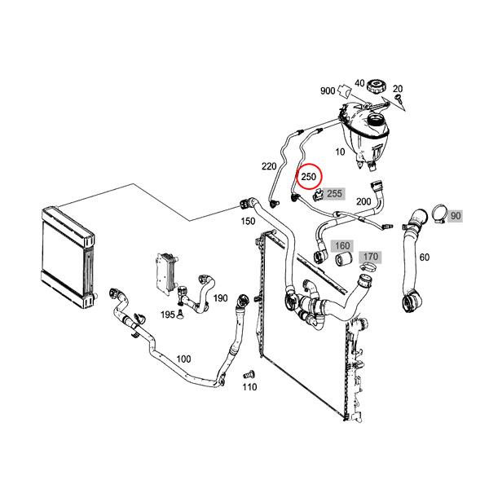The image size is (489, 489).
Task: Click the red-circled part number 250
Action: [310, 177]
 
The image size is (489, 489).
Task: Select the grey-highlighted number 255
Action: [334, 194]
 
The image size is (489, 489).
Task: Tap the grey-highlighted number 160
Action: [342, 246]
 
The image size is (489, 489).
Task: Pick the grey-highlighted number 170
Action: [370, 258]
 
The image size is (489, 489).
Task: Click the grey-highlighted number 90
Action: [456, 216]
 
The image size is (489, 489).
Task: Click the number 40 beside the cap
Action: [359, 82]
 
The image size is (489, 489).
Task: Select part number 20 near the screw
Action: [398, 88]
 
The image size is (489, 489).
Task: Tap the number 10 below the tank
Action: [341, 152]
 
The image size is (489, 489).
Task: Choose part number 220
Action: [269, 166]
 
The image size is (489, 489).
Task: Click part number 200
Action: [363, 200]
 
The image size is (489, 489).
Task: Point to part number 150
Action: [248, 221]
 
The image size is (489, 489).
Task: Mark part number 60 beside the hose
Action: [424, 258]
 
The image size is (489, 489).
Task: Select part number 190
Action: [220, 298]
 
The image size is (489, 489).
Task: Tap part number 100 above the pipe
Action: [183, 359]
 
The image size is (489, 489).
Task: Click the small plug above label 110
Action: [250, 375]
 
